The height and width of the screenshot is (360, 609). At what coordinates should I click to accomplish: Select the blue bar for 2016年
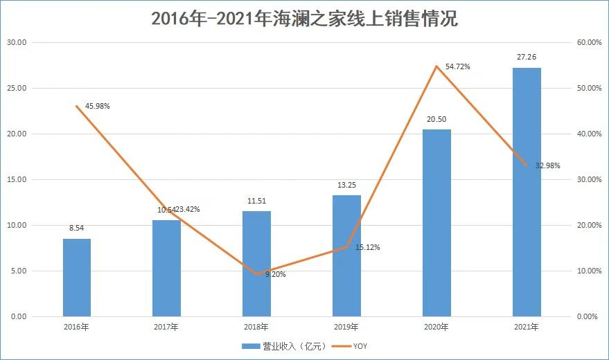pyautogui.click(x=77, y=278)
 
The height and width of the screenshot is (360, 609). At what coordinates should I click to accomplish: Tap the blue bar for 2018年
pyautogui.click(x=256, y=264)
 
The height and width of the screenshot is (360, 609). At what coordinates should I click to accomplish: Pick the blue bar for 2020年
pyautogui.click(x=436, y=223)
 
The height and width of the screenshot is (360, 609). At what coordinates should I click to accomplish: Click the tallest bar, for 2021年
pyautogui.click(x=527, y=192)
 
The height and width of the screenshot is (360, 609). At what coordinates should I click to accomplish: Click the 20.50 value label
pyautogui.click(x=436, y=120)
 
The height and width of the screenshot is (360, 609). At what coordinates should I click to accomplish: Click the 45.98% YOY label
pyautogui.click(x=98, y=106)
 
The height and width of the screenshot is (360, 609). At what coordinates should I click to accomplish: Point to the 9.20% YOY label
pyautogui.click(x=274, y=274)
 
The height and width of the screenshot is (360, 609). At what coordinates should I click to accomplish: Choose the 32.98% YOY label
pyautogui.click(x=547, y=166)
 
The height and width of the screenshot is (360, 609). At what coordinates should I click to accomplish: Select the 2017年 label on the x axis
pyautogui.click(x=166, y=327)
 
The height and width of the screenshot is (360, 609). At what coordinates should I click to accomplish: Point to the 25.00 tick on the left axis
pyautogui.click(x=16, y=89)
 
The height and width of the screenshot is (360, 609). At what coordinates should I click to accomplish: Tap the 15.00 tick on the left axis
pyautogui.click(x=16, y=180)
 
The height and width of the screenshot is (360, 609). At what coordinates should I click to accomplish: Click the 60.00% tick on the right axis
pyautogui.click(x=589, y=43)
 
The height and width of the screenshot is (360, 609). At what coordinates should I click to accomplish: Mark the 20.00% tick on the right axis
pyautogui.click(x=589, y=226)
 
